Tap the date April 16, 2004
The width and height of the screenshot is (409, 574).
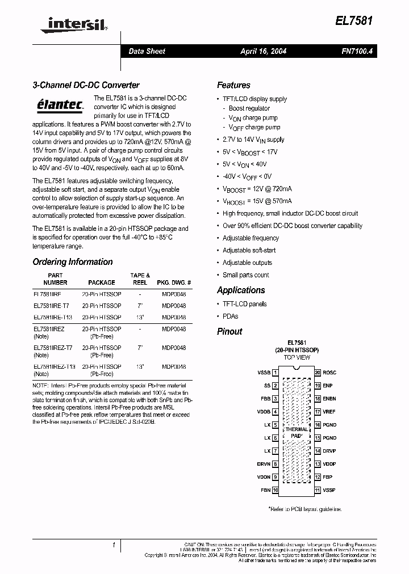pyautogui.click(x=263, y=51)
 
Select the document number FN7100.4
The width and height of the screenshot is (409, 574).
pyautogui.click(x=357, y=51)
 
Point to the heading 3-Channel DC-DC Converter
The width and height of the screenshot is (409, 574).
pyautogui.click(x=86, y=85)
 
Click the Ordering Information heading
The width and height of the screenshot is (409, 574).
pyautogui.click(x=73, y=262)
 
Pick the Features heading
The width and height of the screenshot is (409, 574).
pyautogui.click(x=233, y=85)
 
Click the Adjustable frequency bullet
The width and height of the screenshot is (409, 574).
pyautogui.click(x=251, y=238)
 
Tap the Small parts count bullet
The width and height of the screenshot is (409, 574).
pyautogui.click(x=245, y=275)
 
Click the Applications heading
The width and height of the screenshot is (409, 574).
pyautogui.click(x=241, y=290)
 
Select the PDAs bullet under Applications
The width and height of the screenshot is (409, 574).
pyautogui.click(x=230, y=316)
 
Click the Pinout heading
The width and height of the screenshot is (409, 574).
pyautogui.click(x=229, y=332)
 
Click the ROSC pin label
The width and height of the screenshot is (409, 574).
pyautogui.click(x=329, y=373)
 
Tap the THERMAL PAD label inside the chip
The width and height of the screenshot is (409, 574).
pyautogui.click(x=297, y=432)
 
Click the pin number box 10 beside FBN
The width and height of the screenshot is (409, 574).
pyautogui.click(x=276, y=490)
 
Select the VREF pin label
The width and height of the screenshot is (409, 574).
pyautogui.click(x=329, y=412)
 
